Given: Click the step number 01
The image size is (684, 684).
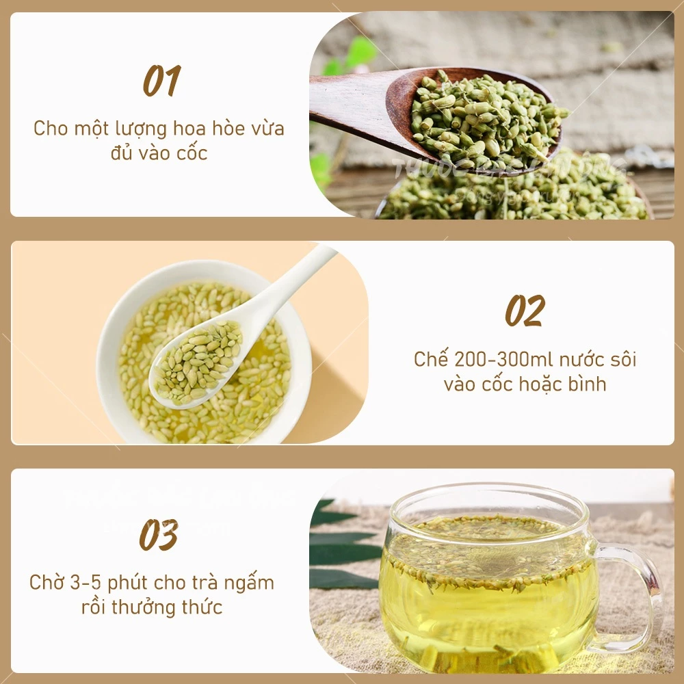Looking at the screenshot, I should (161, 81).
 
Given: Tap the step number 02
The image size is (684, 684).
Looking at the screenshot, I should (525, 311).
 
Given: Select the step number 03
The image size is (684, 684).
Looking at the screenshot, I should (159, 535).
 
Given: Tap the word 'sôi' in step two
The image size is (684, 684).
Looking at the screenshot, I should (622, 359).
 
